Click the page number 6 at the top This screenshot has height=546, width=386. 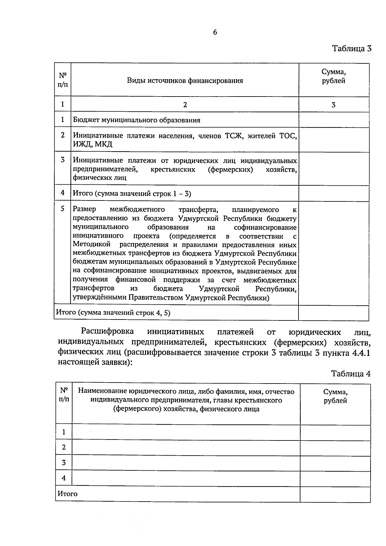pos(215,32)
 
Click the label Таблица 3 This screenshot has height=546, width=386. pos(352,49)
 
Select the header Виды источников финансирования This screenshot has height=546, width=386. pos(185,80)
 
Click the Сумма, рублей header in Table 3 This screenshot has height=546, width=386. pos(334,77)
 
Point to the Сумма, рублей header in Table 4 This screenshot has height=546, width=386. pos(335,396)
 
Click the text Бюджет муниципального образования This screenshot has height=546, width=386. pos(136,120)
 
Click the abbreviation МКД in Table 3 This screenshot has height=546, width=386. pos(104,144)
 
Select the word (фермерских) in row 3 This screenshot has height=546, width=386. pos(230,169)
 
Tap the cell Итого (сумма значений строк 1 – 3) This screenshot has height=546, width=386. pos(132,193)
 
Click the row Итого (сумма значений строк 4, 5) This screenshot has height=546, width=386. pos(113,312)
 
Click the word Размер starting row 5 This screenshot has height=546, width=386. pos(84,209)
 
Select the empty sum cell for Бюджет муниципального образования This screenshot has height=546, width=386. pos(334,120)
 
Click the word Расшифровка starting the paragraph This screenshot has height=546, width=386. pos(107,331)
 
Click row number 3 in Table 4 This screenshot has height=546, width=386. pos(64,462)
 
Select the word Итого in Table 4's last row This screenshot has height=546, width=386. pos(68,494)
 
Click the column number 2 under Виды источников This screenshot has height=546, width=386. pos(185,105)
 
